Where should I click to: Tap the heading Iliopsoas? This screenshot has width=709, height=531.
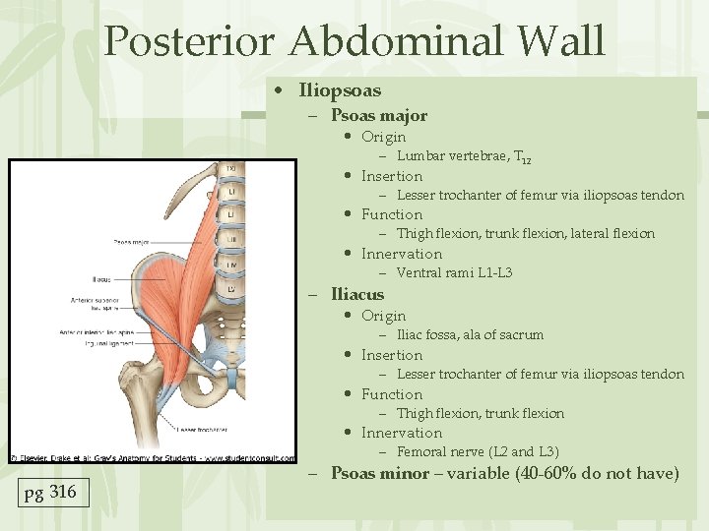click(x=340, y=90)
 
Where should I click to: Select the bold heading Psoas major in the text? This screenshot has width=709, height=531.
click(x=378, y=115)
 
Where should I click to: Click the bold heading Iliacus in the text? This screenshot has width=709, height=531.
click(x=357, y=294)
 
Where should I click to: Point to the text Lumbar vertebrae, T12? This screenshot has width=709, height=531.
click(x=464, y=156)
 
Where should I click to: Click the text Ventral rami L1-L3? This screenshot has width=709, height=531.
click(x=454, y=272)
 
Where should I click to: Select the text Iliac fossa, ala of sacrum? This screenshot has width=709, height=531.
click(x=470, y=334)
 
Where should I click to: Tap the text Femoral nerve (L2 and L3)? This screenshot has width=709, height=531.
click(x=478, y=451)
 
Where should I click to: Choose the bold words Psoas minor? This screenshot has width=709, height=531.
click(x=380, y=474)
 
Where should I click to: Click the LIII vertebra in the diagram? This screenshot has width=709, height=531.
click(x=229, y=239)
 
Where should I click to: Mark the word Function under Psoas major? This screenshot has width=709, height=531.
click(x=391, y=214)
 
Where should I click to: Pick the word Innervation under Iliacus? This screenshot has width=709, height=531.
click(x=401, y=433)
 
